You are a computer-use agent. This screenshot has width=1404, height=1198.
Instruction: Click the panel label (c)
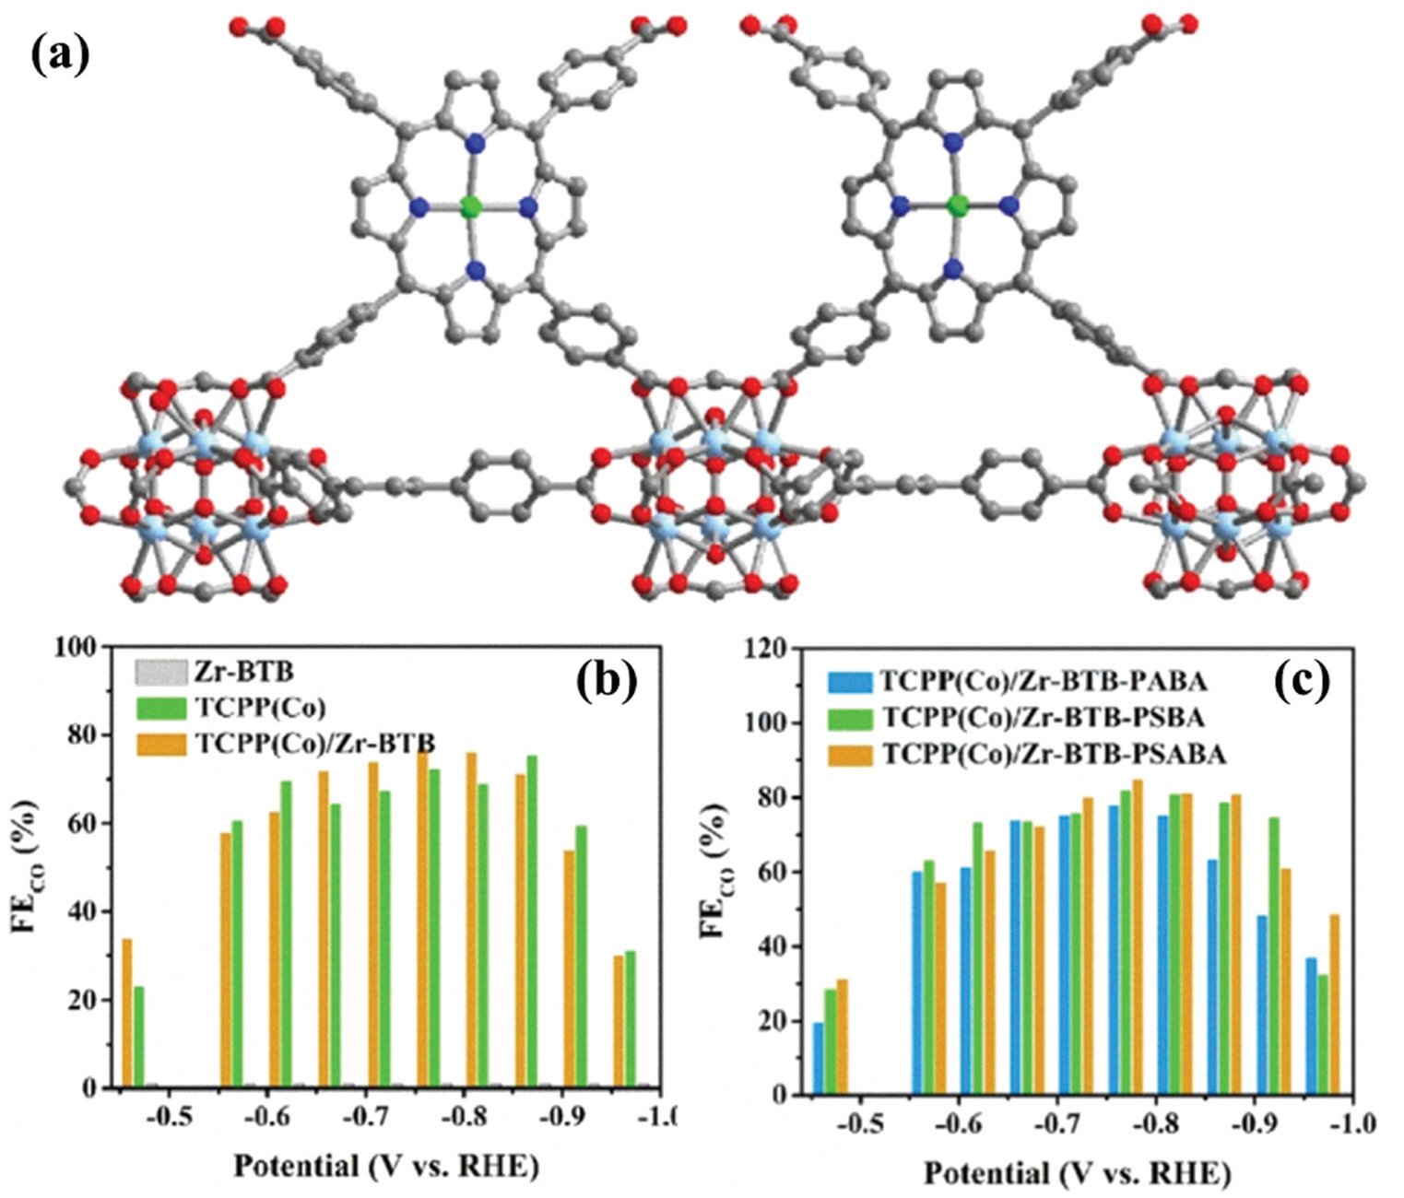[1303, 681]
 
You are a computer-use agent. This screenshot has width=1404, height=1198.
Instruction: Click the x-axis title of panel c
[1077, 1174]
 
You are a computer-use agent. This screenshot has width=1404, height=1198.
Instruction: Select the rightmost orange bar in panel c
[1334, 1004]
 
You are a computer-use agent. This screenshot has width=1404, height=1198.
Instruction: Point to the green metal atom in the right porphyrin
[956, 206]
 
